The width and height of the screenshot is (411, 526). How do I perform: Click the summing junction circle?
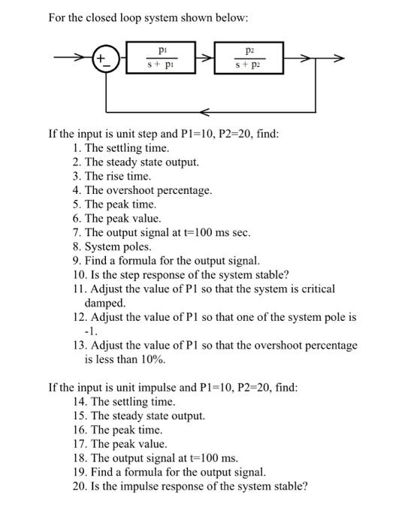[104, 59]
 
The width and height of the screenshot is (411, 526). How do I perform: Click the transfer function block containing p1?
[163, 58]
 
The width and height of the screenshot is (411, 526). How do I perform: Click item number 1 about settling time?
[120, 148]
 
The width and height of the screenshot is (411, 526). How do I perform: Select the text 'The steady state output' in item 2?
[142, 162]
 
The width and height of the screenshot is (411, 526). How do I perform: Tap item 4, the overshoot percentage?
[142, 190]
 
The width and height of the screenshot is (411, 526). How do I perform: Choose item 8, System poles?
[112, 246]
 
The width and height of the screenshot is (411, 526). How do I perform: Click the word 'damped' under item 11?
[104, 303]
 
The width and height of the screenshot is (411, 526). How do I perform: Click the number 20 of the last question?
[80, 486]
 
